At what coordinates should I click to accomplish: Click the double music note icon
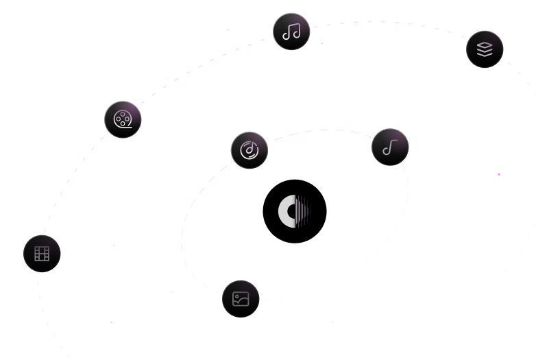tap(291, 32)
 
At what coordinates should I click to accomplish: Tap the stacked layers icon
tap(485, 49)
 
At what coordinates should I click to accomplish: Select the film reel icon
tap(123, 119)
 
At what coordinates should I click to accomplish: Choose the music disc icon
tap(249, 149)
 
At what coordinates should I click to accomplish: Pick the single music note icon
tap(390, 147)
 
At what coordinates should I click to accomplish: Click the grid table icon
tap(42, 253)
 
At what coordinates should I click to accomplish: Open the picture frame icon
tap(241, 298)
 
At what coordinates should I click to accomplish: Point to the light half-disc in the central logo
tap(284, 211)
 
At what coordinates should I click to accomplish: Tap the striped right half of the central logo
tap(303, 211)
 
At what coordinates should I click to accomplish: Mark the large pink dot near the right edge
tap(499, 174)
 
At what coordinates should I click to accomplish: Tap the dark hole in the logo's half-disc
tap(293, 211)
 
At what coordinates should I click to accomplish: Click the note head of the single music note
tap(387, 152)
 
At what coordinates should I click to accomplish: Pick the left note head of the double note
tap(287, 36)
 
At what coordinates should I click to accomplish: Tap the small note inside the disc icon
tap(249, 149)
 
